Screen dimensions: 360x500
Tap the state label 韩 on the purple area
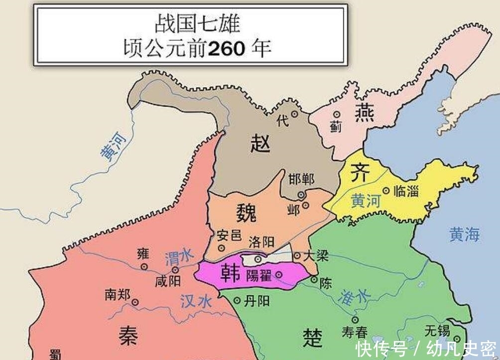(231, 273)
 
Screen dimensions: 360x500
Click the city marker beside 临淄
(386, 190)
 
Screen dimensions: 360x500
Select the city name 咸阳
(167, 281)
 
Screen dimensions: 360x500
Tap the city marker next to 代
(295, 114)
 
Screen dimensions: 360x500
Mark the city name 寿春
(355, 332)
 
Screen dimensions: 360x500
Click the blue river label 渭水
(178, 257)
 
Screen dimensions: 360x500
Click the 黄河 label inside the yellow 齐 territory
(366, 200)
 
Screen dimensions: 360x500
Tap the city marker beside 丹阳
(237, 300)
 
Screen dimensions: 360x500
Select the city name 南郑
(118, 294)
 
